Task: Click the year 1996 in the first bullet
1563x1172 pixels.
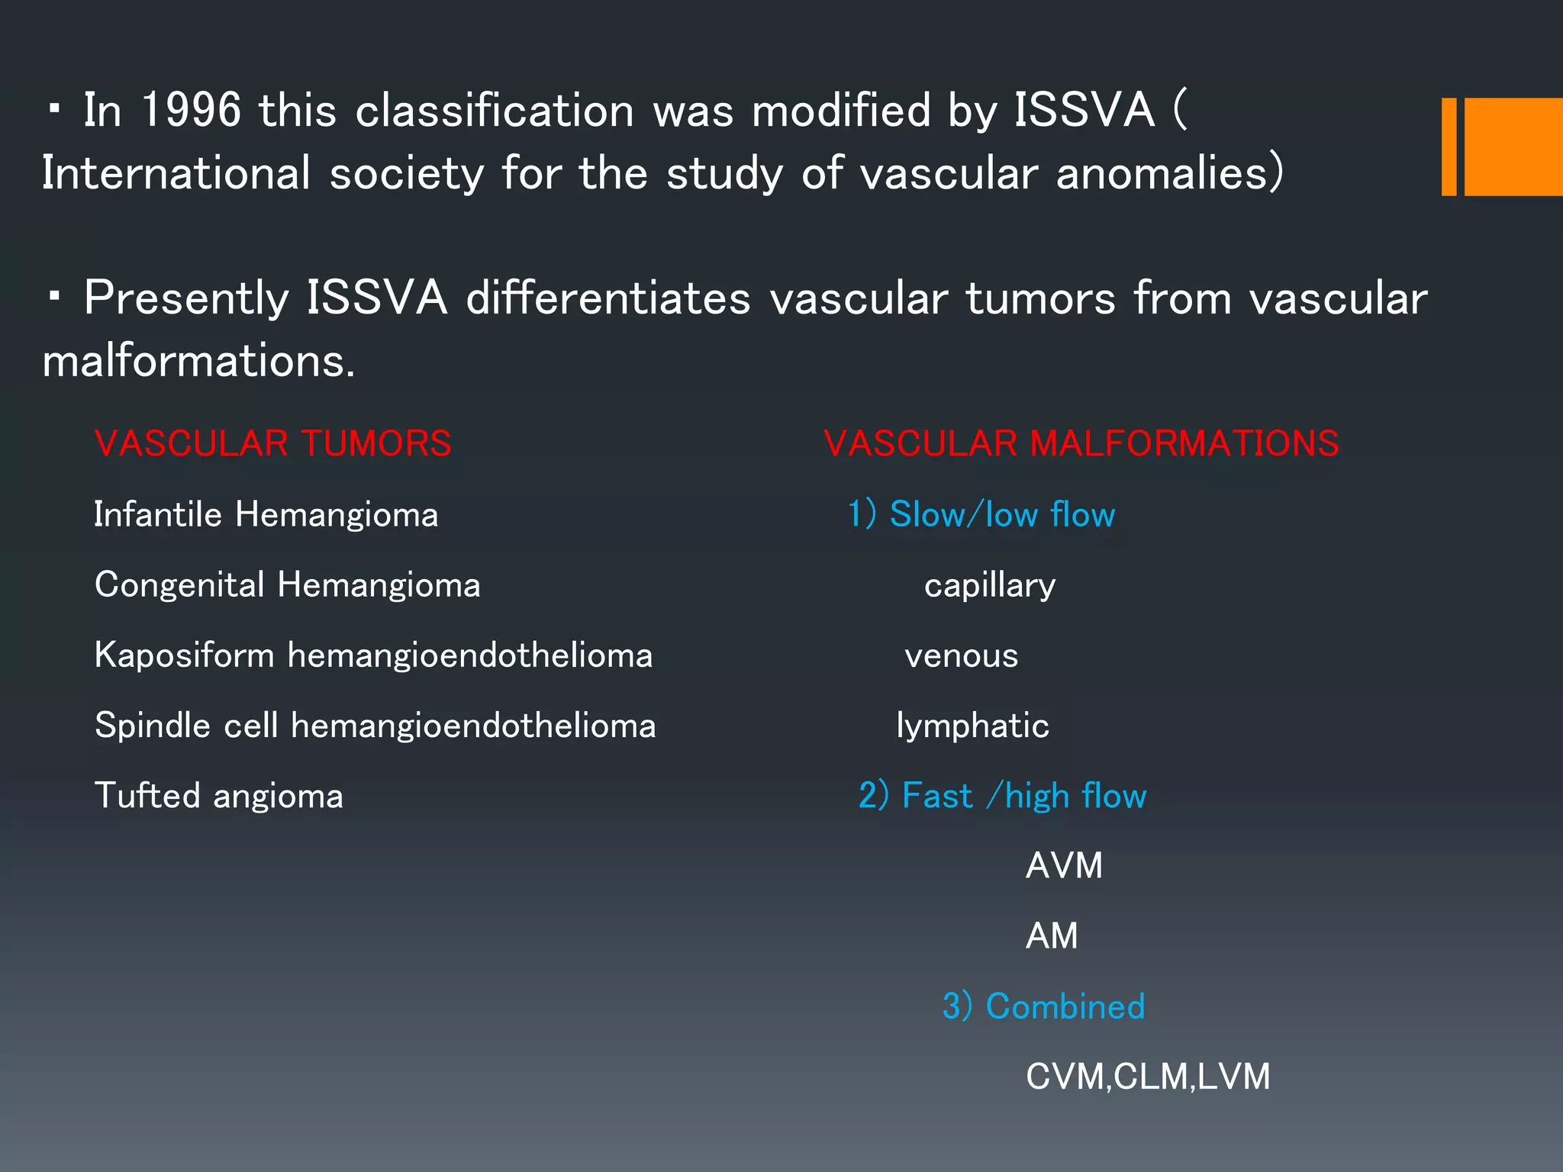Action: (192, 110)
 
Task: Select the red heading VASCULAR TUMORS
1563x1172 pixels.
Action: (273, 443)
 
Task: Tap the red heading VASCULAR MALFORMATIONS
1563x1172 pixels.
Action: (1081, 443)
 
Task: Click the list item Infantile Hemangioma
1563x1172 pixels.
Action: (266, 514)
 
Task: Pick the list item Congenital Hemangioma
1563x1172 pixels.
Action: (287, 585)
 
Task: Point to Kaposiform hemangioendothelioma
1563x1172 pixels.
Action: (373, 655)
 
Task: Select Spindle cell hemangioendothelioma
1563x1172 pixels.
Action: (375, 726)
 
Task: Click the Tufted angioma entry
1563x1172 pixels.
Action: (218, 796)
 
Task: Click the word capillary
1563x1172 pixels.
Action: (990, 585)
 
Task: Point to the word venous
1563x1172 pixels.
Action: (962, 655)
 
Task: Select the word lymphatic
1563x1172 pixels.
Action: (972, 726)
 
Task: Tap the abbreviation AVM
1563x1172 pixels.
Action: (1064, 866)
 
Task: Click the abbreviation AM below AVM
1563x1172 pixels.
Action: (1052, 936)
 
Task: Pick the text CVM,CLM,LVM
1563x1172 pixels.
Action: (1148, 1077)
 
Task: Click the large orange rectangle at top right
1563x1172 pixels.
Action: (1513, 146)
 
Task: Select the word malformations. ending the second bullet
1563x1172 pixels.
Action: (198, 361)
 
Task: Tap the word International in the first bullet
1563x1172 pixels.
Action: (176, 173)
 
